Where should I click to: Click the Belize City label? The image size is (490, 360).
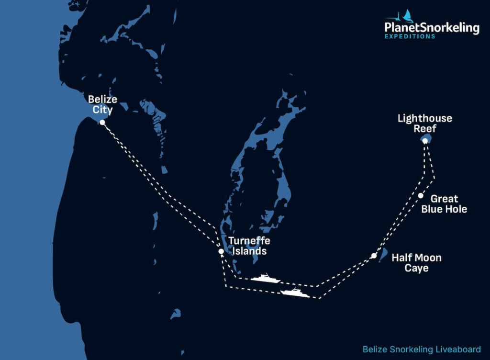coord(102,104)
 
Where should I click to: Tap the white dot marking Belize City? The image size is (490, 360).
coord(102,123)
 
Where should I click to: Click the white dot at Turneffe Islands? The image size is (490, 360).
coord(221,251)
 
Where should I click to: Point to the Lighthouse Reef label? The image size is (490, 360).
coord(424,123)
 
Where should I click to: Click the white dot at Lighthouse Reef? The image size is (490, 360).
coord(425,141)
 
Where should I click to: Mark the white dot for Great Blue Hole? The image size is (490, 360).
coord(420,195)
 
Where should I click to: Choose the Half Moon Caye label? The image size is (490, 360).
coord(416,263)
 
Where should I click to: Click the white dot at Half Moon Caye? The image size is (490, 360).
coord(373,256)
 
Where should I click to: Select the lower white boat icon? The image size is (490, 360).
coord(295,292)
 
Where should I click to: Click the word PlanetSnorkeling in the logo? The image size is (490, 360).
coord(432,28)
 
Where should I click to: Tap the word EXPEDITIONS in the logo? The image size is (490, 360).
coord(410,37)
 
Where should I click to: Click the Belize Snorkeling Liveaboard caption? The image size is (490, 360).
coord(421,349)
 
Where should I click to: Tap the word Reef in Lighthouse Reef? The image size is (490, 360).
coord(424,128)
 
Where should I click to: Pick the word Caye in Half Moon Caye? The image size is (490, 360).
coord(416,268)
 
